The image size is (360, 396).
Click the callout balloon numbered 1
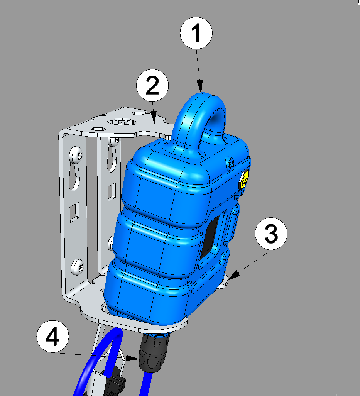coord(196,33)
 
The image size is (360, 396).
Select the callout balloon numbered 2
coord(152,85)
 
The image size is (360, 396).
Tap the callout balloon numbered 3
coord(271,234)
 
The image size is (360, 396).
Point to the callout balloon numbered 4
coord(53,337)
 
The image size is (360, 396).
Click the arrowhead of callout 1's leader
coord(200,86)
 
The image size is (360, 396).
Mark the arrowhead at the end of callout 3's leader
coord(235,275)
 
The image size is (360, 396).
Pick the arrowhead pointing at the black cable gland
coord(132,358)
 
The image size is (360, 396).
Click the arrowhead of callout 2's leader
coord(154,118)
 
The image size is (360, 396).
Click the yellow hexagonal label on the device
coord(244,180)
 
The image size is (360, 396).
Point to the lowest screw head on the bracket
coord(77,267)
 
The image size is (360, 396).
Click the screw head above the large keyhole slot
coord(76,154)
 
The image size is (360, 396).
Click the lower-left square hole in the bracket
coord(75,212)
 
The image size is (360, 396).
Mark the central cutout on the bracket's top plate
coord(123,121)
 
